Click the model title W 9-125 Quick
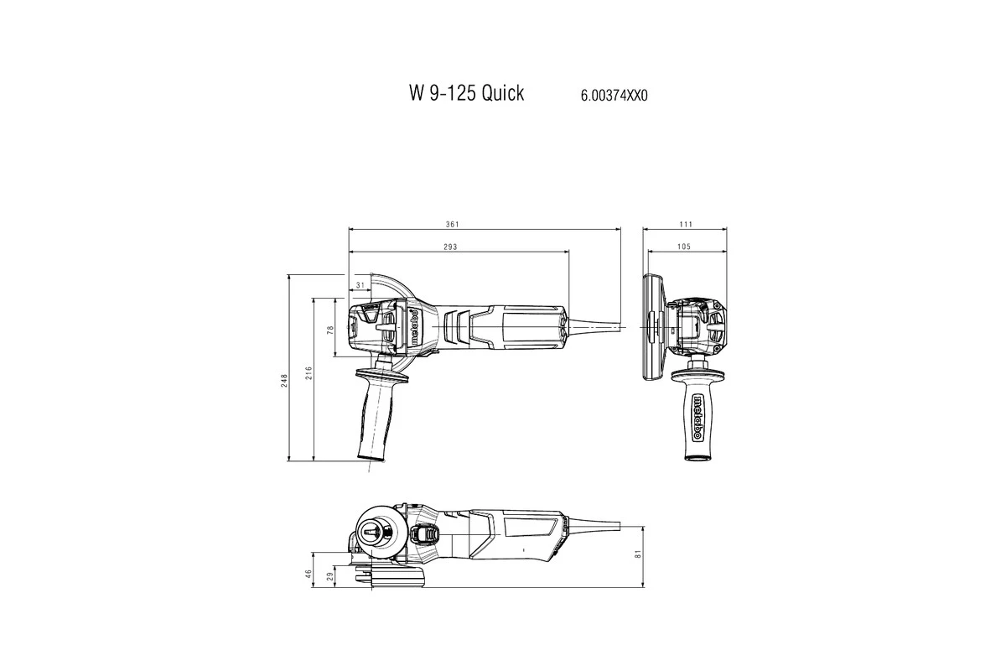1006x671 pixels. tap(466, 93)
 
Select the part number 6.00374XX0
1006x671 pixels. tap(614, 96)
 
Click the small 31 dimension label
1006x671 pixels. tap(360, 286)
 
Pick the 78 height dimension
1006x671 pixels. tap(330, 331)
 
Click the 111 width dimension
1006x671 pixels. tap(685, 224)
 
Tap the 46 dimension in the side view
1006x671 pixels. tap(308, 574)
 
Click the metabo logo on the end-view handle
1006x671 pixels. tap(697, 417)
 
